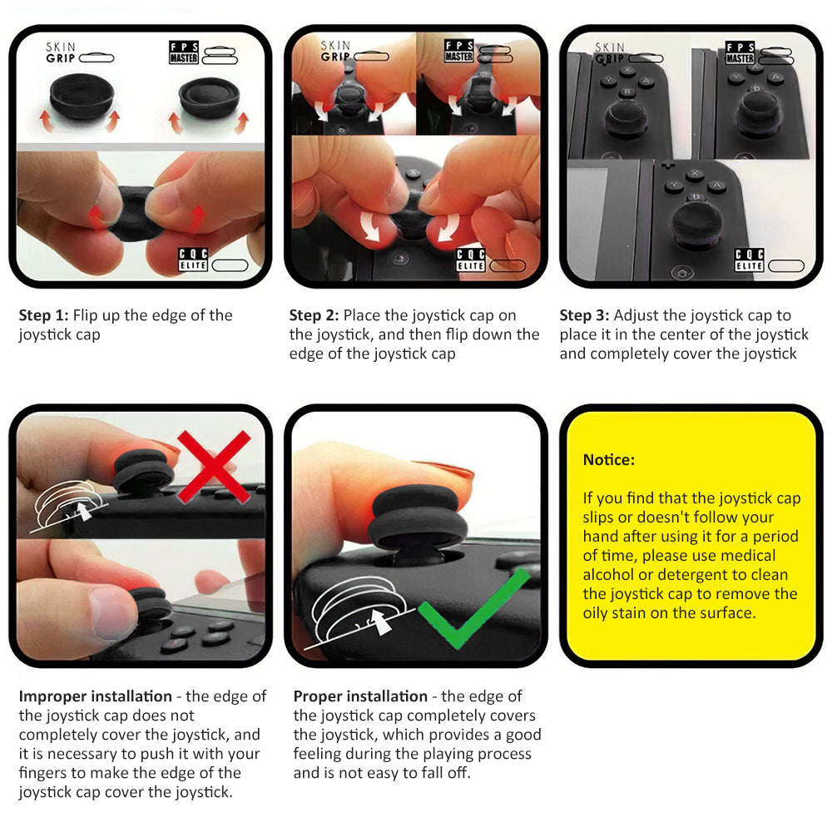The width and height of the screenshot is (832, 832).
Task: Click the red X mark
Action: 214,467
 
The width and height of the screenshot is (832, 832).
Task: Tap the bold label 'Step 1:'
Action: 43,315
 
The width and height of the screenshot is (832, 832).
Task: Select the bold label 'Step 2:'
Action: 314,315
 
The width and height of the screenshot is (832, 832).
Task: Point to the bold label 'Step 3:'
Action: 584,315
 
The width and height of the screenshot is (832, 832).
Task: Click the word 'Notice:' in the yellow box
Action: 609,459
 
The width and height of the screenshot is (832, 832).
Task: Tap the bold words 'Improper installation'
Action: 96,696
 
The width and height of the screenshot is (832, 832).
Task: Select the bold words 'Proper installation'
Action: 360,696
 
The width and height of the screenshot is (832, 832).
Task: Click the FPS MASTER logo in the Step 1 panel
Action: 184,52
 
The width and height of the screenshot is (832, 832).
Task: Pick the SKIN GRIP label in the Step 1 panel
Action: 61,52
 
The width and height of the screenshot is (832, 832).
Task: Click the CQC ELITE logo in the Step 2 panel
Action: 471,260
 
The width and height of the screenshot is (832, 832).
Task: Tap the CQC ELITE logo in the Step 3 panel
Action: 749,260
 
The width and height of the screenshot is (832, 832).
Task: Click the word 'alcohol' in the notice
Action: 608,575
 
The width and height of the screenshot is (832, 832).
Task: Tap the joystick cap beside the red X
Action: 143,470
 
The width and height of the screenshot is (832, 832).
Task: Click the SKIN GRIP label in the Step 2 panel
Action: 335,52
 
